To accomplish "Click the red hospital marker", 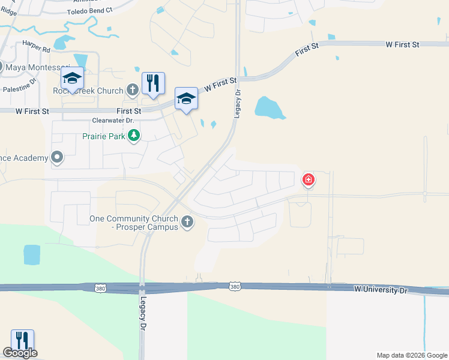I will point(309,179).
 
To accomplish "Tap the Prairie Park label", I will point(103,136).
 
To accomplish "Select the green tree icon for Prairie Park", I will point(133,136).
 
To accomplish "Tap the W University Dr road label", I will point(381,289).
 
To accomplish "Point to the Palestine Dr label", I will point(19,88).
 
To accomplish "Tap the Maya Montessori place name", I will point(35,67).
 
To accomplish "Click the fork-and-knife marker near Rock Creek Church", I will point(152,83).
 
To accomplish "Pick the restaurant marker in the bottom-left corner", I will point(22,340).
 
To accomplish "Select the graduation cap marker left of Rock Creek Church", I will point(72,79).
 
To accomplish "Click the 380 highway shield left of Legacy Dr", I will point(100,289).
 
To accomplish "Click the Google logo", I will point(20,353).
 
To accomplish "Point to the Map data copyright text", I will point(411,355).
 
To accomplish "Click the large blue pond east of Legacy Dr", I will point(270,107).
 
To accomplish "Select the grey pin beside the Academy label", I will point(57,158).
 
